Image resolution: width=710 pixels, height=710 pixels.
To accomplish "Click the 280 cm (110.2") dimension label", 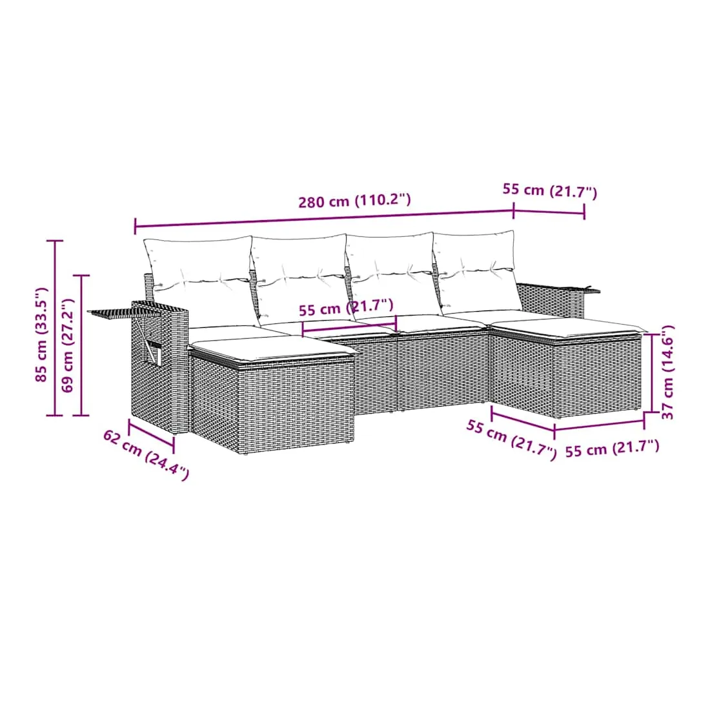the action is pyautogui.click(x=354, y=201).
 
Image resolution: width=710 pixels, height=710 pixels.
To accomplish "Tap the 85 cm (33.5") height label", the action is pyautogui.click(x=42, y=334).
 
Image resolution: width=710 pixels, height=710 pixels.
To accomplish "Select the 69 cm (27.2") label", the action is pyautogui.click(x=67, y=345).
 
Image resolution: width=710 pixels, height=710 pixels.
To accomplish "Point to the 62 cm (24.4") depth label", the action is pyautogui.click(x=146, y=454).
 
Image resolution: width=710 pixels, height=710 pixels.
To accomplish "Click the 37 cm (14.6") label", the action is pyautogui.click(x=668, y=372).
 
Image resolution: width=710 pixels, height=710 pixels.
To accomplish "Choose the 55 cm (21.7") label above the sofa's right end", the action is pyautogui.click(x=550, y=190).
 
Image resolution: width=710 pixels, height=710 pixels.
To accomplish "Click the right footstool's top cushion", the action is pyautogui.click(x=568, y=327).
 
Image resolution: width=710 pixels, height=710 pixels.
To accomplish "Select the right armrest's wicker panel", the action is pyautogui.click(x=550, y=298).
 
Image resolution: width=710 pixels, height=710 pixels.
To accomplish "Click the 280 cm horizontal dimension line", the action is pyautogui.click(x=324, y=218).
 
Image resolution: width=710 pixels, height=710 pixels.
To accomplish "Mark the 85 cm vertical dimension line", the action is pyautogui.click(x=56, y=328).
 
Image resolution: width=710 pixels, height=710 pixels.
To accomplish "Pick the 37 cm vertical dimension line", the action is pyautogui.click(x=651, y=373).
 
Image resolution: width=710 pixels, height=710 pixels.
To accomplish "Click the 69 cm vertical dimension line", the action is pyautogui.click(x=81, y=345).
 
